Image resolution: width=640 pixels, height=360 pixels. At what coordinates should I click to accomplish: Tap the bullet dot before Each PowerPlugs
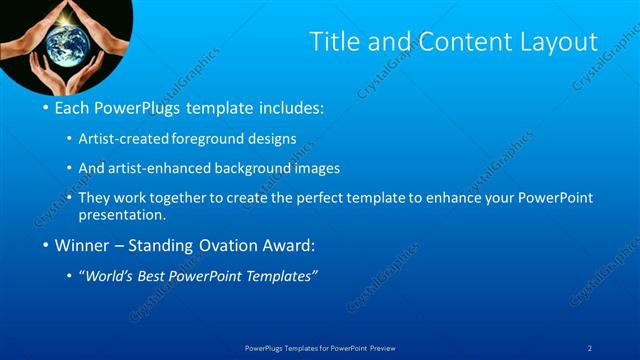click(x=46, y=107)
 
